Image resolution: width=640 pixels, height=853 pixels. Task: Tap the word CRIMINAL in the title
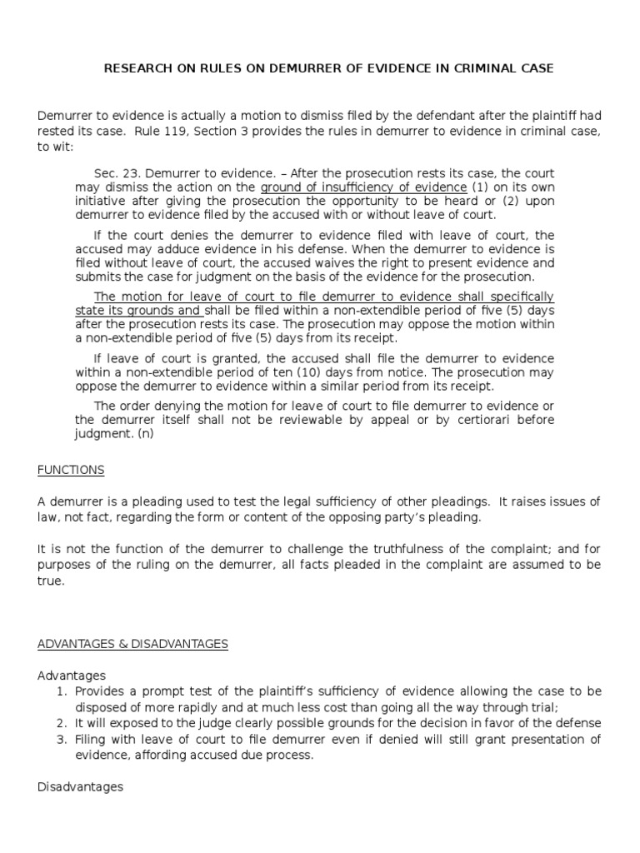[490, 68]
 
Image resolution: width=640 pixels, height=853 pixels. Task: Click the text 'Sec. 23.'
[116, 172]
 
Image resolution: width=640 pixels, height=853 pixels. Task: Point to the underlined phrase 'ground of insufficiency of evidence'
[363, 187]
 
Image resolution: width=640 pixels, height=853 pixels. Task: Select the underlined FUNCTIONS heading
[71, 470]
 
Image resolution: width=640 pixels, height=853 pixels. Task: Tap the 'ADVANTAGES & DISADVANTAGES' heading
[132, 644]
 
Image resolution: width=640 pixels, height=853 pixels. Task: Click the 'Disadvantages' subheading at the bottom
[80, 786]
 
